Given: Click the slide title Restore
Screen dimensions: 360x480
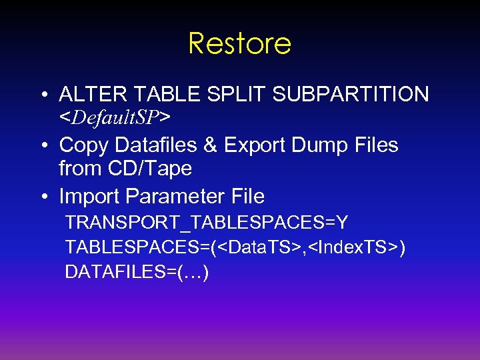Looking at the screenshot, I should click(x=240, y=44).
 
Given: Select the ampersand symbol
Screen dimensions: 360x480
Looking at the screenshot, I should click(x=213, y=145).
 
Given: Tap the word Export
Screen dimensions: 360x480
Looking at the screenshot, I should click(x=256, y=145).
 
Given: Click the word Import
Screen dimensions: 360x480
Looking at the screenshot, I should click(x=89, y=197).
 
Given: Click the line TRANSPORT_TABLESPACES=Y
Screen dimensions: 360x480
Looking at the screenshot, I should click(x=207, y=222).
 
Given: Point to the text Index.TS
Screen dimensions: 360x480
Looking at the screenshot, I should click(x=354, y=247).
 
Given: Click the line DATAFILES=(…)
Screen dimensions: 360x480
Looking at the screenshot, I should click(x=137, y=272).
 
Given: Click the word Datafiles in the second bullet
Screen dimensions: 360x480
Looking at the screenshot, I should click(x=155, y=145).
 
